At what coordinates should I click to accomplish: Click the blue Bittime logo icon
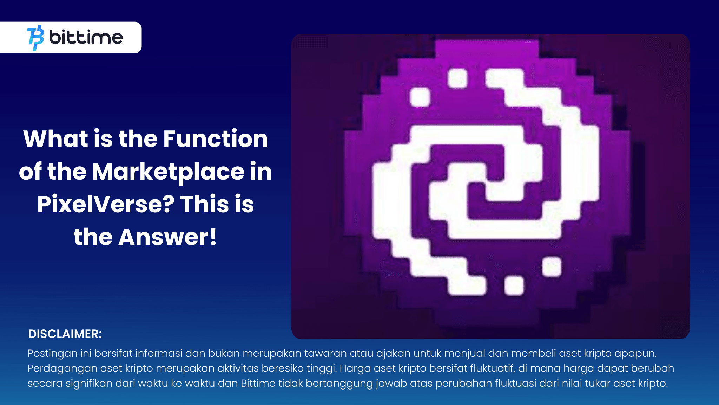click(35, 38)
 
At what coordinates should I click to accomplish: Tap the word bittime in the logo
click(86, 37)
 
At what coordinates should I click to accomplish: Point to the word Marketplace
click(168, 172)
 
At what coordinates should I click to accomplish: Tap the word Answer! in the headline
click(167, 237)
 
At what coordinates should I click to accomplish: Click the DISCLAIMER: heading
click(65, 334)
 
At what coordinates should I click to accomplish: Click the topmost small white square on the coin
click(458, 78)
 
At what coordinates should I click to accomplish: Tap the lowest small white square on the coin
click(514, 285)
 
